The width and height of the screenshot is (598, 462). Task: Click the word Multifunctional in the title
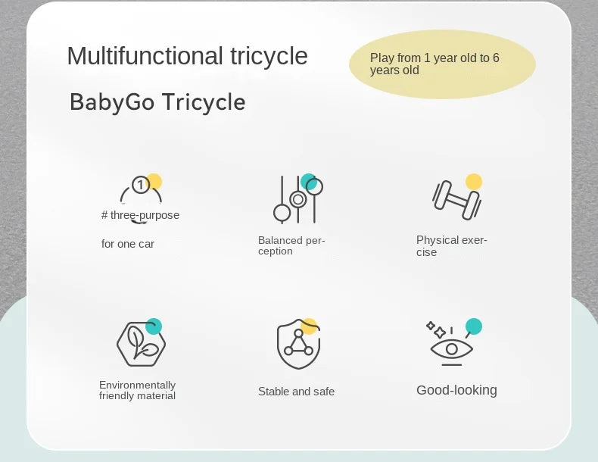pos(145,56)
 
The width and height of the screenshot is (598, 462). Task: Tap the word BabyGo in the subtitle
pos(112,102)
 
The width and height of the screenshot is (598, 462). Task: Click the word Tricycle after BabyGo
pos(204,102)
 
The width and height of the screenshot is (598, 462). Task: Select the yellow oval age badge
pos(442,64)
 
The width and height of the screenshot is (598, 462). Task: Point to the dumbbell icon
pos(456,200)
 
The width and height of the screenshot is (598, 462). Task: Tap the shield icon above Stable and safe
pos(298,344)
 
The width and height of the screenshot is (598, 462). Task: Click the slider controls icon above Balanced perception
pos(298,199)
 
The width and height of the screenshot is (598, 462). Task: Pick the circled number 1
pos(141,185)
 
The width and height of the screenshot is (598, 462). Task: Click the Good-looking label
pos(456,390)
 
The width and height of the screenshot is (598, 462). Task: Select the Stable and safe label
pos(296,392)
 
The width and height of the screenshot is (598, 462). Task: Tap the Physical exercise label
pos(452,246)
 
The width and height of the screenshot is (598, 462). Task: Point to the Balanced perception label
pos(291,245)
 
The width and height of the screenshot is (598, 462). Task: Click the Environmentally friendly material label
pos(137,390)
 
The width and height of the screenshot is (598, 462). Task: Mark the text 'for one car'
pos(128,244)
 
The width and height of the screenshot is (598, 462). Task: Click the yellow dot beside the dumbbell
pos(474,182)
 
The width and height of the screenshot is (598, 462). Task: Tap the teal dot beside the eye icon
pos(474,326)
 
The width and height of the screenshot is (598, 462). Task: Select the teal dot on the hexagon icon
pos(154,326)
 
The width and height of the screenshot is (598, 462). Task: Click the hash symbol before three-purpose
pos(104,215)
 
